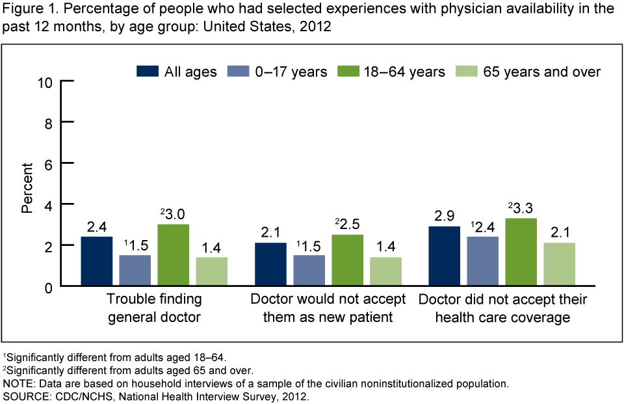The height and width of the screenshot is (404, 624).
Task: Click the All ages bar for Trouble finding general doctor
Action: (96, 261)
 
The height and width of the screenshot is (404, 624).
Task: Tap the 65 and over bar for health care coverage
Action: (559, 264)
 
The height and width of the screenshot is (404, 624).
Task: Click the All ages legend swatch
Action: (148, 71)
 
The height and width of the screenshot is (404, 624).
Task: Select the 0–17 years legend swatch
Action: (239, 71)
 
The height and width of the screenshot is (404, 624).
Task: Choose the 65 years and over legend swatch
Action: (467, 71)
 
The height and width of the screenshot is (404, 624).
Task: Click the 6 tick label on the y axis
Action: (49, 163)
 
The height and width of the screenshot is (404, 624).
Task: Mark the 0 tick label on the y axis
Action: (49, 286)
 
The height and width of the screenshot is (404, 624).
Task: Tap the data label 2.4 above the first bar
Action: (96, 227)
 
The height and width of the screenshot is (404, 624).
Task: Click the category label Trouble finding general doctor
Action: (155, 308)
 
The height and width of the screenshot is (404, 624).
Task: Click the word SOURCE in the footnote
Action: (23, 396)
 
